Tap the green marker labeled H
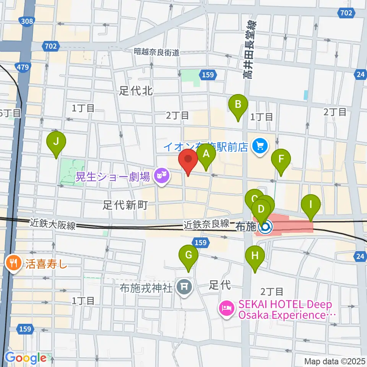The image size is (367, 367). tap(255, 257)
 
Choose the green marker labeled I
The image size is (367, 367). tap(311, 205)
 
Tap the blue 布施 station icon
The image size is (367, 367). tap(265, 228)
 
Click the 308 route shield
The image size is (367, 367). tap(27, 21)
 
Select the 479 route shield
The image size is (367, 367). tap(24, 68)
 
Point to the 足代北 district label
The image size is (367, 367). tap(136, 91)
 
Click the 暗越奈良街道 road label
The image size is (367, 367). tap(157, 52)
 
